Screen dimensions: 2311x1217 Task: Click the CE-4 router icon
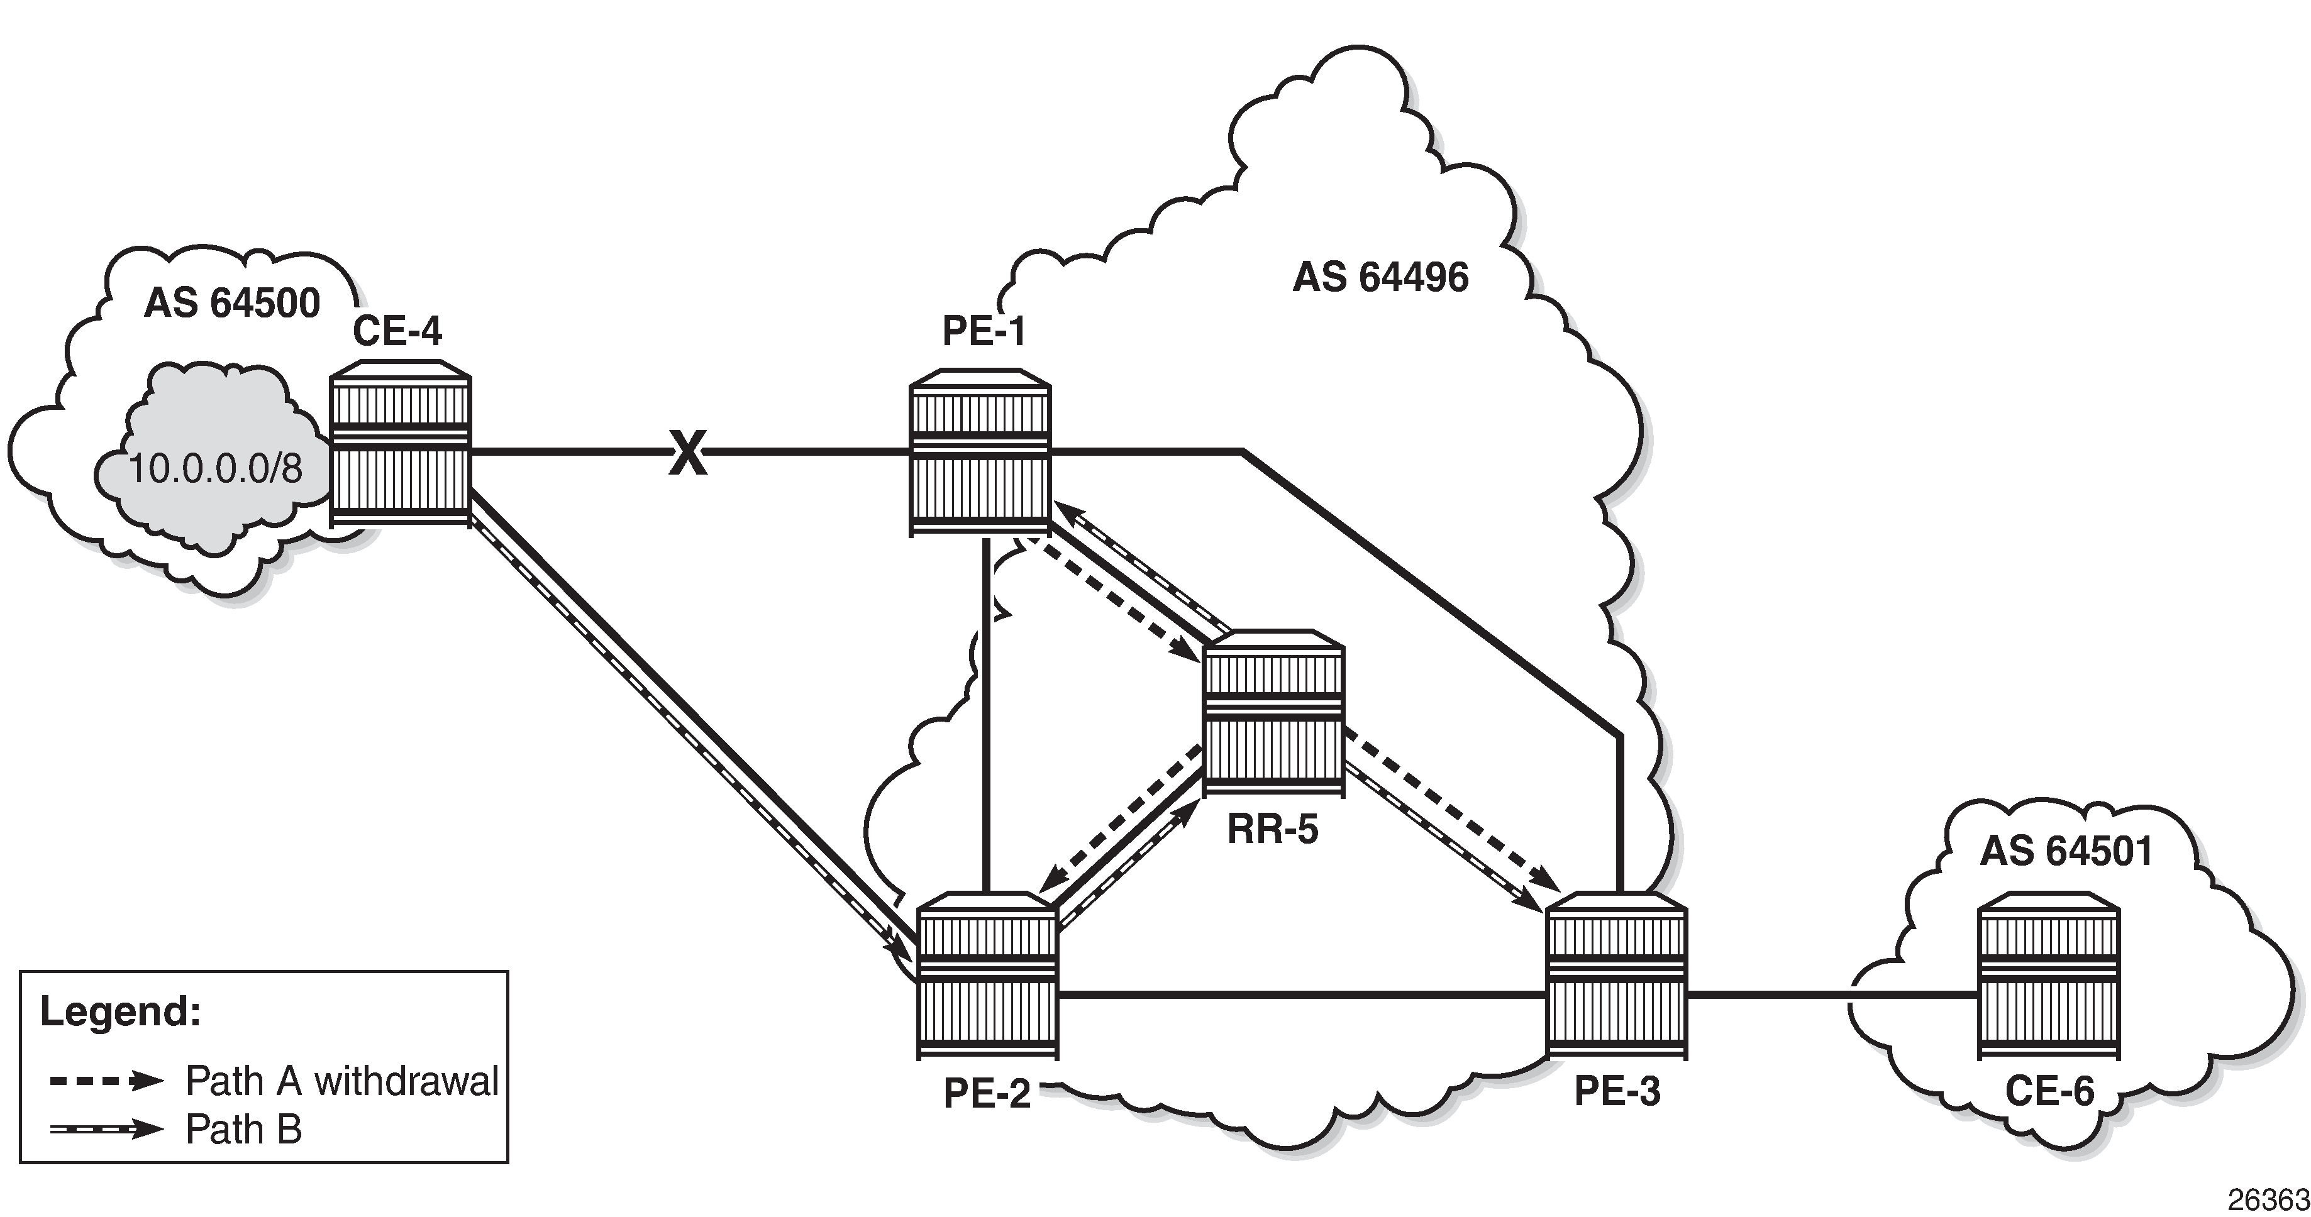(400, 443)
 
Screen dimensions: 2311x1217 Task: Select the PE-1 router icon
(980, 452)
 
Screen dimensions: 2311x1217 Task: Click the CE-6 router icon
(2049, 975)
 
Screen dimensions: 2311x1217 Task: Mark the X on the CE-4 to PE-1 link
(688, 453)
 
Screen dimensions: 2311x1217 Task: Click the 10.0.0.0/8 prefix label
(216, 468)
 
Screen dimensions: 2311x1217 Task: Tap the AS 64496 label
(1381, 277)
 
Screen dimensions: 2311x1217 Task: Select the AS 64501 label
(2067, 851)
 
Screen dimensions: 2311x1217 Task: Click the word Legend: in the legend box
(120, 1011)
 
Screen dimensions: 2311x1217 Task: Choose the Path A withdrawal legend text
(342, 1082)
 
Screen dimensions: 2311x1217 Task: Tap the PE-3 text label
(1617, 1091)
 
